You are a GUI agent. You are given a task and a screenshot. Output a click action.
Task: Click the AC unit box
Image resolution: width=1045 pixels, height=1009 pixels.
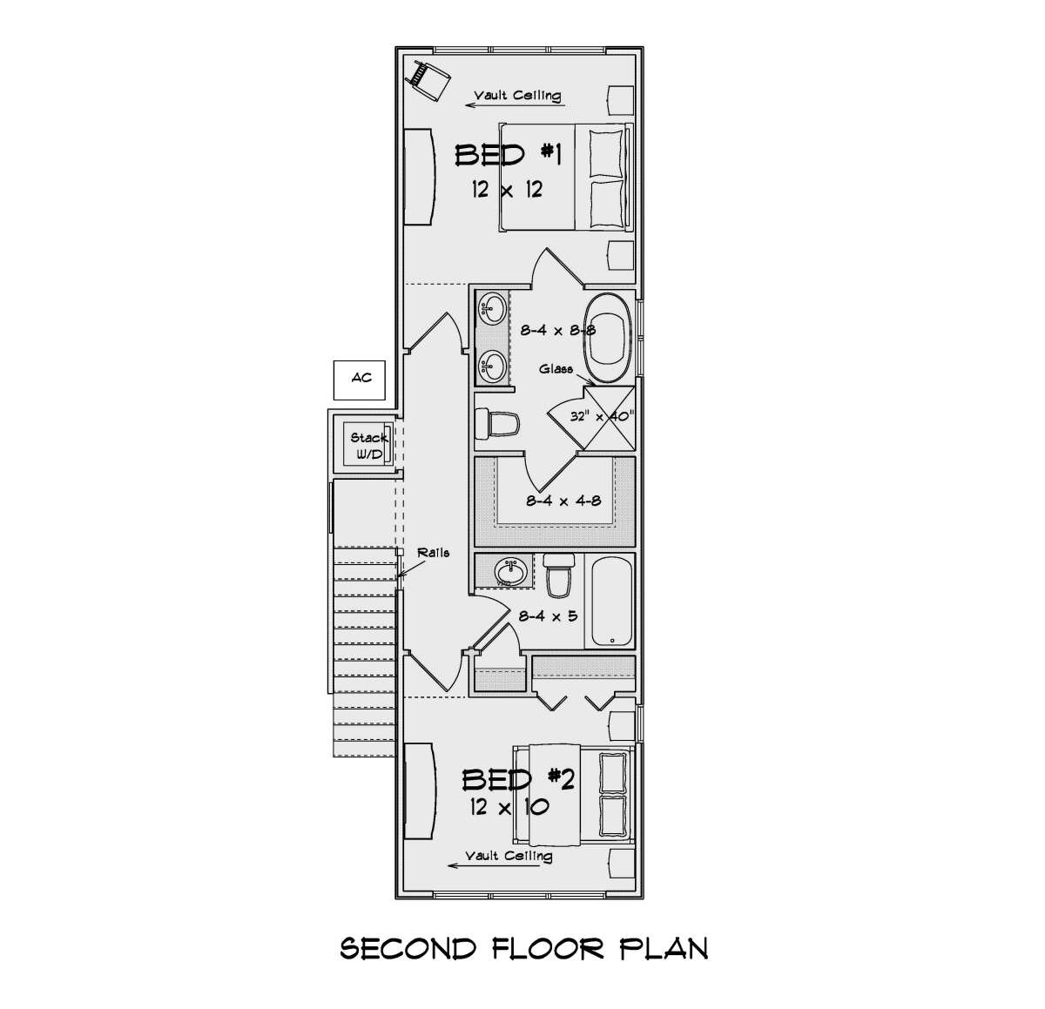360,380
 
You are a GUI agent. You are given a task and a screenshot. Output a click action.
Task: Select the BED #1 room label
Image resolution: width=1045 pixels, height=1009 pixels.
508,156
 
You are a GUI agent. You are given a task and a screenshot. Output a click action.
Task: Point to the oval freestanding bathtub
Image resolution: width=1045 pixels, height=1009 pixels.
609,338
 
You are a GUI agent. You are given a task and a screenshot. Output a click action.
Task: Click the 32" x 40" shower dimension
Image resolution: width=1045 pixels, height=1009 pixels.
602,416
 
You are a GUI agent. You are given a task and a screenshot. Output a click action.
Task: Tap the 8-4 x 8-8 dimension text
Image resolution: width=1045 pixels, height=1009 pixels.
558,330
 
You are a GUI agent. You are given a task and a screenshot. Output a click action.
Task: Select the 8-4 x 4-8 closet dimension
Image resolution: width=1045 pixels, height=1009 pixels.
563,501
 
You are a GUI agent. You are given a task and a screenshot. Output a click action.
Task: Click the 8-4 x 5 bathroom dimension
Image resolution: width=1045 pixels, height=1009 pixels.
548,615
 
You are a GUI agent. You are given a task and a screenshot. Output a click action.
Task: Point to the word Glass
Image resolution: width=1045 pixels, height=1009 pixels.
556,369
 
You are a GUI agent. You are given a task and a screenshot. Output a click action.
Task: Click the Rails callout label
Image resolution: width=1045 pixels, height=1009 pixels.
434,552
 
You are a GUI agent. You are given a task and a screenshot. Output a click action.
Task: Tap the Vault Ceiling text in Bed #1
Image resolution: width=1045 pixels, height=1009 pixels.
517,96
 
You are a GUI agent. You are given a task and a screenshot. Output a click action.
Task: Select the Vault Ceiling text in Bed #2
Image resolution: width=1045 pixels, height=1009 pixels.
509,856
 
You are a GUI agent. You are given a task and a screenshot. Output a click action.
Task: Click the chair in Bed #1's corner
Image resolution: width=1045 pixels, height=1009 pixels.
431,79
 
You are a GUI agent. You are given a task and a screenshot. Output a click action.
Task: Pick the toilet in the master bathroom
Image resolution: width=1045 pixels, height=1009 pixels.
497,424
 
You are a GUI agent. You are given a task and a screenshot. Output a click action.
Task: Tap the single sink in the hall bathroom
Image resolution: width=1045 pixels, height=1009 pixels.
510,570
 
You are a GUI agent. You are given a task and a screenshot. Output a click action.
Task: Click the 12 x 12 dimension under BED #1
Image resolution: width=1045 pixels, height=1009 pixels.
507,189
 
